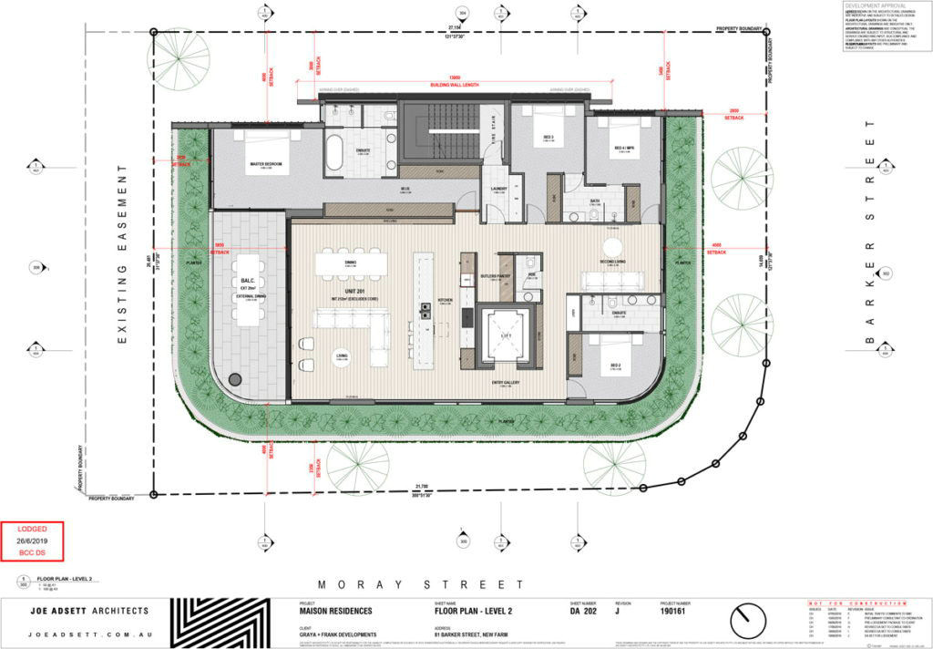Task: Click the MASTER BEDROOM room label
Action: (265, 164)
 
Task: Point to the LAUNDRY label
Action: (497, 190)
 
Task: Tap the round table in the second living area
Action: (611, 248)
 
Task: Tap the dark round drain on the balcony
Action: (235, 378)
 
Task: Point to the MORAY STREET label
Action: (420, 584)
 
